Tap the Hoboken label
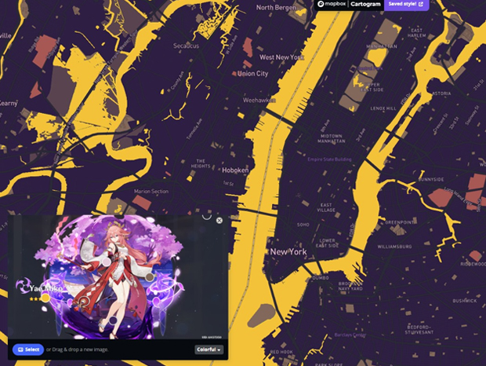click(x=235, y=170)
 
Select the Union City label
click(x=252, y=74)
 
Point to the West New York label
click(x=282, y=57)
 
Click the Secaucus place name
click(x=187, y=46)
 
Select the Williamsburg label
click(x=394, y=247)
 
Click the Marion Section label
click(x=151, y=191)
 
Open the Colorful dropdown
click(x=209, y=350)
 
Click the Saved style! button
click(x=407, y=4)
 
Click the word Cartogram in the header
click(x=364, y=4)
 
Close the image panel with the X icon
click(x=219, y=221)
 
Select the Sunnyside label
click(x=453, y=179)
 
